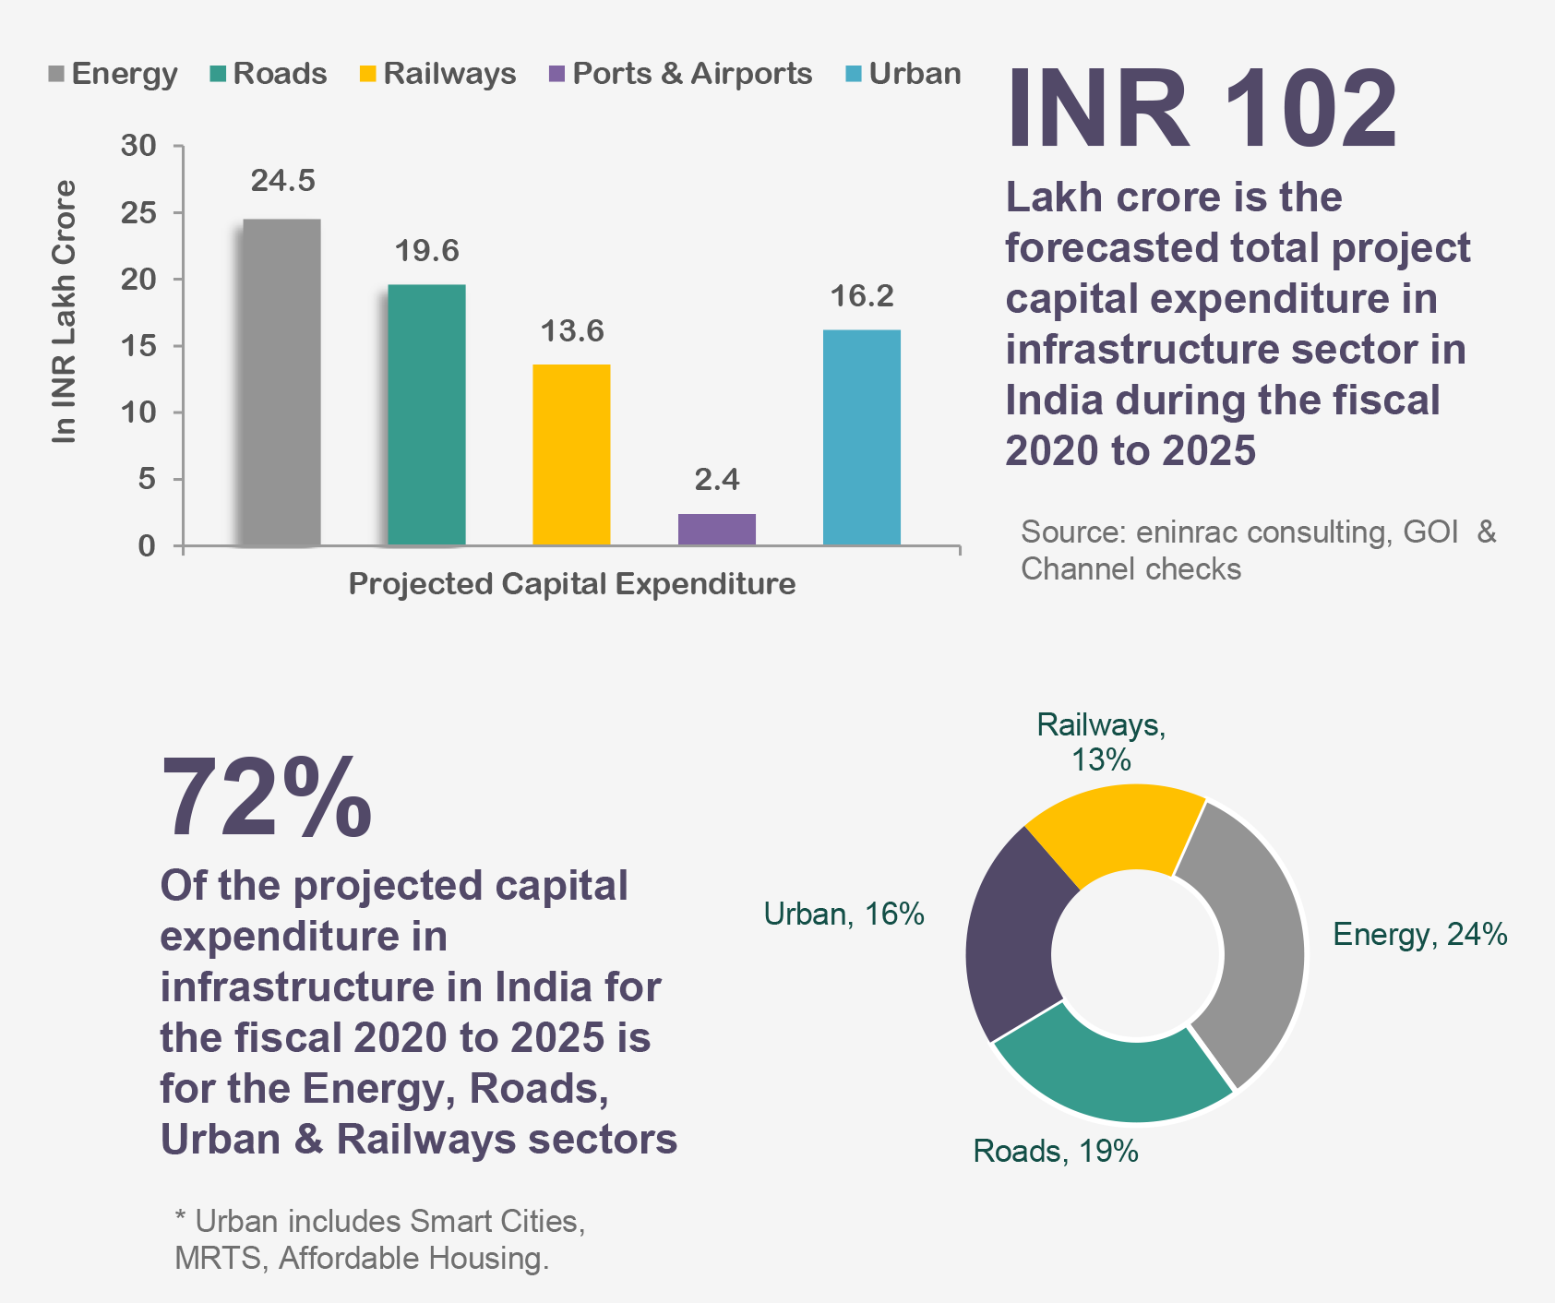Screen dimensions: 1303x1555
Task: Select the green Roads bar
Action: point(426,414)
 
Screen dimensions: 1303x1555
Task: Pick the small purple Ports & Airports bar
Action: point(716,529)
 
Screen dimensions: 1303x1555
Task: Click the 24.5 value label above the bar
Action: point(282,181)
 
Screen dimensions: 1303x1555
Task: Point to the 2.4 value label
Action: point(717,480)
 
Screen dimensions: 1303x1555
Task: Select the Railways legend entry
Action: point(437,74)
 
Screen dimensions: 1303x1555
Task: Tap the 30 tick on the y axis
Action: point(138,146)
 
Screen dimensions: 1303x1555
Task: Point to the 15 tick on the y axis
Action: point(138,346)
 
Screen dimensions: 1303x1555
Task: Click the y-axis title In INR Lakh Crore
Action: point(64,312)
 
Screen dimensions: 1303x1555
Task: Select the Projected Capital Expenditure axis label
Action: point(571,584)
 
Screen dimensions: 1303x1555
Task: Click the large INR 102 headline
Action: point(1202,109)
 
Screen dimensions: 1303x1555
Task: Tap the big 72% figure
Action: point(267,797)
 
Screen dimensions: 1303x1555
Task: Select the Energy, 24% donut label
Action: point(1419,935)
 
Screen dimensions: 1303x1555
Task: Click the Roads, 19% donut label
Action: point(1056,1152)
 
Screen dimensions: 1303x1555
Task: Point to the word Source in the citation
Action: point(1072,532)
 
